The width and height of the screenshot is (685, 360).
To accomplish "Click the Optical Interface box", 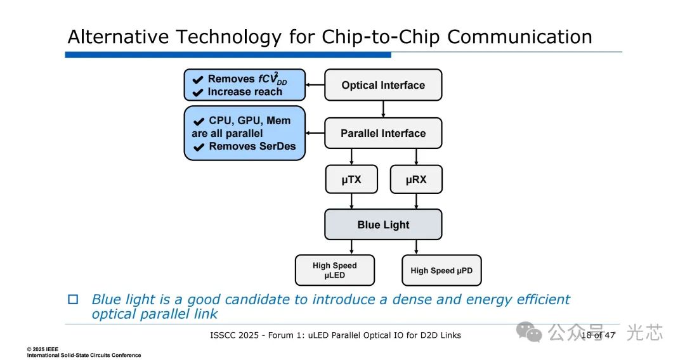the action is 383,85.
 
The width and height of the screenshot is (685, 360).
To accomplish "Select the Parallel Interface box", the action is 383,133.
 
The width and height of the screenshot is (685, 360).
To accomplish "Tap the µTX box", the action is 351,179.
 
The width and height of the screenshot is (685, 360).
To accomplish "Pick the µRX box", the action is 416,179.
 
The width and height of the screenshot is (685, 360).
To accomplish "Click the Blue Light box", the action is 383,225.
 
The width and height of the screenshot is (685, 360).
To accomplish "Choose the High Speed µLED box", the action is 335,271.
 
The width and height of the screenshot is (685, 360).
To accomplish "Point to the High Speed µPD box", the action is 441,271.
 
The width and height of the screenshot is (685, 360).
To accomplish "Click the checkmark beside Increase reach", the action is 198,93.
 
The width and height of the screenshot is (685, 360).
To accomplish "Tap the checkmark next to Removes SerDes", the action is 199,147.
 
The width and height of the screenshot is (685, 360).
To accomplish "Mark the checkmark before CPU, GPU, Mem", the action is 199,121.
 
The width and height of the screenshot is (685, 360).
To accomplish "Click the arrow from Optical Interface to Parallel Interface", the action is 383,109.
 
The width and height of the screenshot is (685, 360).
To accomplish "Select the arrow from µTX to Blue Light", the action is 351,201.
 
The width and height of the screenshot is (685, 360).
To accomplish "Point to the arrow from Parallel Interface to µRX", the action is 416,157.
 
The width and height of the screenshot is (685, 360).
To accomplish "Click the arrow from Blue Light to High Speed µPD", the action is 416,247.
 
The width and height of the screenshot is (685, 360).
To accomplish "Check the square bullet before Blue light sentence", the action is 73,299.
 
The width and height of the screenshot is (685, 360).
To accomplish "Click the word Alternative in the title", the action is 118,37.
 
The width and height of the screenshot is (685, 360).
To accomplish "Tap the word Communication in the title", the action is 519,37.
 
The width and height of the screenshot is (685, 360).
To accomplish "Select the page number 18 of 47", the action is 598,335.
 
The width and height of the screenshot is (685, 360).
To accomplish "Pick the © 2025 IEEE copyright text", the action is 42,349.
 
